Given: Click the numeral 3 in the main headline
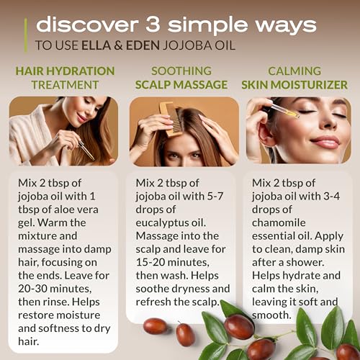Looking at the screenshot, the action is tap(153, 24).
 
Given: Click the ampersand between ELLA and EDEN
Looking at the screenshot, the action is tap(118, 45).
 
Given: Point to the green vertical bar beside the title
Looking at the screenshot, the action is tap(26, 35).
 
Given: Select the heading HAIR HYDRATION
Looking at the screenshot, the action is tap(65, 71).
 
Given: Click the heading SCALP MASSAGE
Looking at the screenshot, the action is tap(181, 85).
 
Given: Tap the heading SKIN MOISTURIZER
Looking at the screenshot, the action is tap(294, 85).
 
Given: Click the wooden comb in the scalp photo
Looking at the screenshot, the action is tap(171, 119).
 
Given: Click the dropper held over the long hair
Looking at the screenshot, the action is tap(86, 150).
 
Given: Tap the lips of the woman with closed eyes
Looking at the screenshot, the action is tap(326, 143).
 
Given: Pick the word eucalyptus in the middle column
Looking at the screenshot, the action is tap(162, 223).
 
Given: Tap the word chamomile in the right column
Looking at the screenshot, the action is tap(279, 222).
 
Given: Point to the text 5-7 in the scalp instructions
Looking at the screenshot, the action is tap(215, 197).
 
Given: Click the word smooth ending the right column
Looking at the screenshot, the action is tap(271, 315).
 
